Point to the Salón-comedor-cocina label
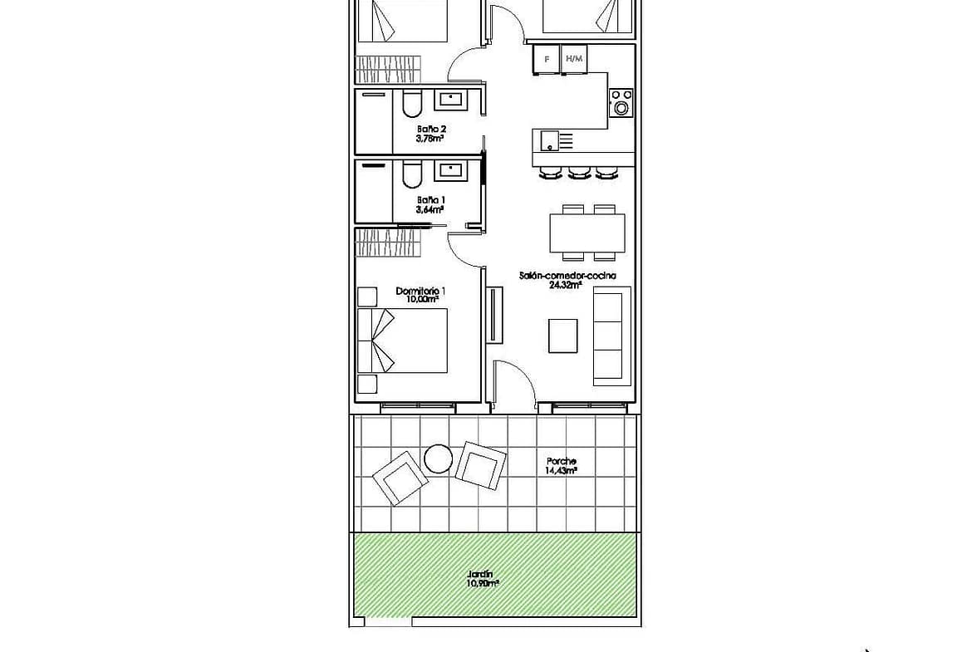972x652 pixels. click(567, 276)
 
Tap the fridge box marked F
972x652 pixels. click(546, 60)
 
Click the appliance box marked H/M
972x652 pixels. click(574, 59)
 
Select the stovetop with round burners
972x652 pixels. click(621, 103)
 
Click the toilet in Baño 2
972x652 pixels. click(411, 104)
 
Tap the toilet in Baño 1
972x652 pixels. click(411, 174)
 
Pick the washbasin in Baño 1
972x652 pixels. click(453, 169)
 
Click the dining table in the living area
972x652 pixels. click(587, 233)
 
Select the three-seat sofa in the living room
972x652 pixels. click(611, 336)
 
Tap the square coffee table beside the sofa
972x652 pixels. click(563, 336)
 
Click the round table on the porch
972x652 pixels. click(439, 459)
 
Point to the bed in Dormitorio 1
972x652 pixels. click(402, 341)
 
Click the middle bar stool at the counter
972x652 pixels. click(578, 173)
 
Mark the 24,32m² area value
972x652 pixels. click(565, 285)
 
